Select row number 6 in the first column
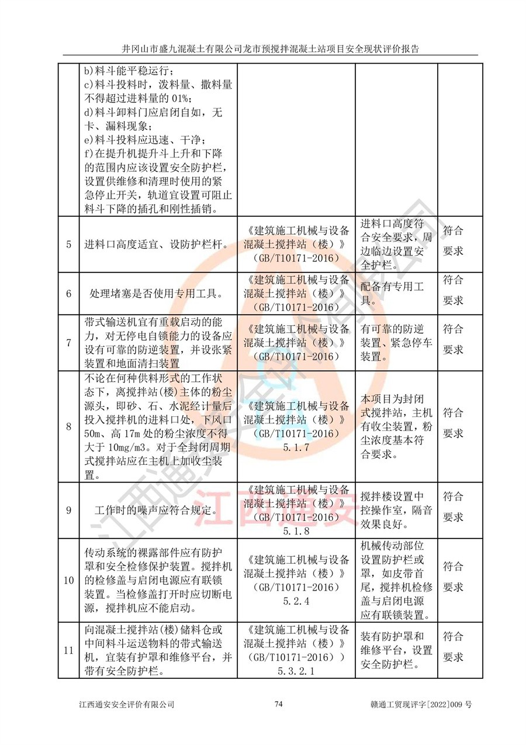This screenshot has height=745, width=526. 68,293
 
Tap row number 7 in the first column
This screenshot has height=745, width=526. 68,343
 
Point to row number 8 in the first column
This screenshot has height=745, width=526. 68,426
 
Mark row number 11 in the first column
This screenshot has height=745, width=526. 68,650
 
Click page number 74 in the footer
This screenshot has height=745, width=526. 279,704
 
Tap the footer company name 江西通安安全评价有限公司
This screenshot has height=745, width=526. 127,705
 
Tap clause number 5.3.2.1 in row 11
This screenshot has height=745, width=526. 296,671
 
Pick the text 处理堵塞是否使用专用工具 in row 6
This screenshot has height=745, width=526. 155,294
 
